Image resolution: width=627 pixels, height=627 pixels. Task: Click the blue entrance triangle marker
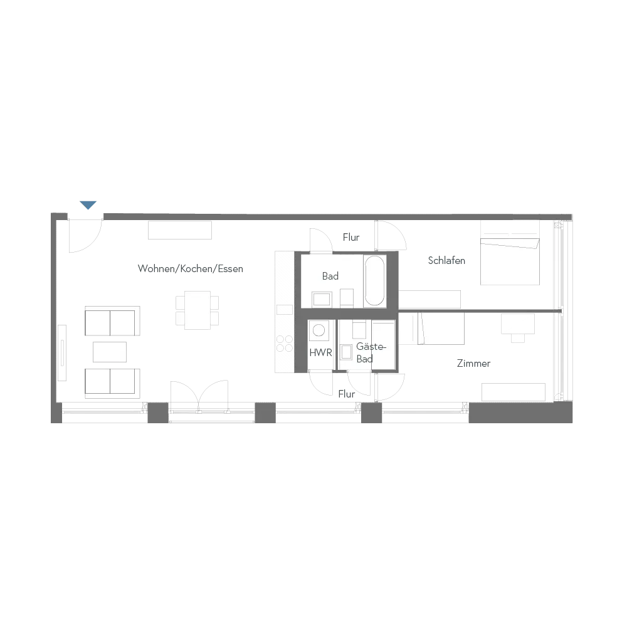(x=88, y=205)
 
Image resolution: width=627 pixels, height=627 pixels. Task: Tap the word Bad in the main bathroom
(x=330, y=276)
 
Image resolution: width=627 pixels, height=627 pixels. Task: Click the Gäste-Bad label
(x=366, y=353)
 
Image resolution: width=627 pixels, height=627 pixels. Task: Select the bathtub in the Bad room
(x=374, y=281)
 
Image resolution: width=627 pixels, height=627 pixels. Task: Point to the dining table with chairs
(x=198, y=310)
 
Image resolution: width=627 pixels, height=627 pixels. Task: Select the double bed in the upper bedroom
(x=509, y=253)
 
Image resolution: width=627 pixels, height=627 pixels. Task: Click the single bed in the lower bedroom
(x=432, y=329)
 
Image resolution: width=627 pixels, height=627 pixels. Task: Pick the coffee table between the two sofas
(x=110, y=352)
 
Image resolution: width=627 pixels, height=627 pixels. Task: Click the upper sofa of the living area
(x=110, y=322)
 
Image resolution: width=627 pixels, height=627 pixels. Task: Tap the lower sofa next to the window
(x=111, y=382)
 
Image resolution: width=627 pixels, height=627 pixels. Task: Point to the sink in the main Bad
(x=322, y=298)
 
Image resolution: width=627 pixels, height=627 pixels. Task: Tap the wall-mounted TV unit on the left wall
(x=63, y=351)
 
